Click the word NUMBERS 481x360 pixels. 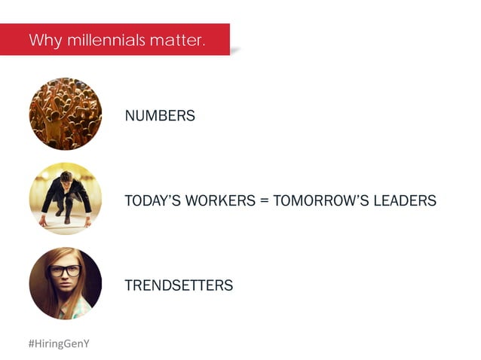[x=160, y=116]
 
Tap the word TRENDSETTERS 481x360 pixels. [x=179, y=286]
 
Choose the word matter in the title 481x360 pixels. [x=177, y=40]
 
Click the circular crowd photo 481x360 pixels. [x=66, y=114]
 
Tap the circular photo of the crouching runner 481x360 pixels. [x=66, y=199]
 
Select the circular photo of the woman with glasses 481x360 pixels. [x=66, y=283]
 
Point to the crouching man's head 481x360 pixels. [x=66, y=178]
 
